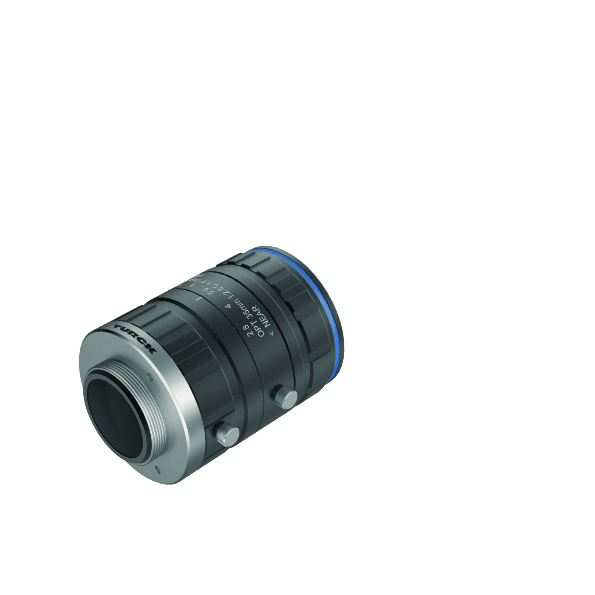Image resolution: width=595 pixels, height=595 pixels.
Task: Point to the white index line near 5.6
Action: [198, 300]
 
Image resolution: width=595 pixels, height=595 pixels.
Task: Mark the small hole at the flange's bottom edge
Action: [158, 469]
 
